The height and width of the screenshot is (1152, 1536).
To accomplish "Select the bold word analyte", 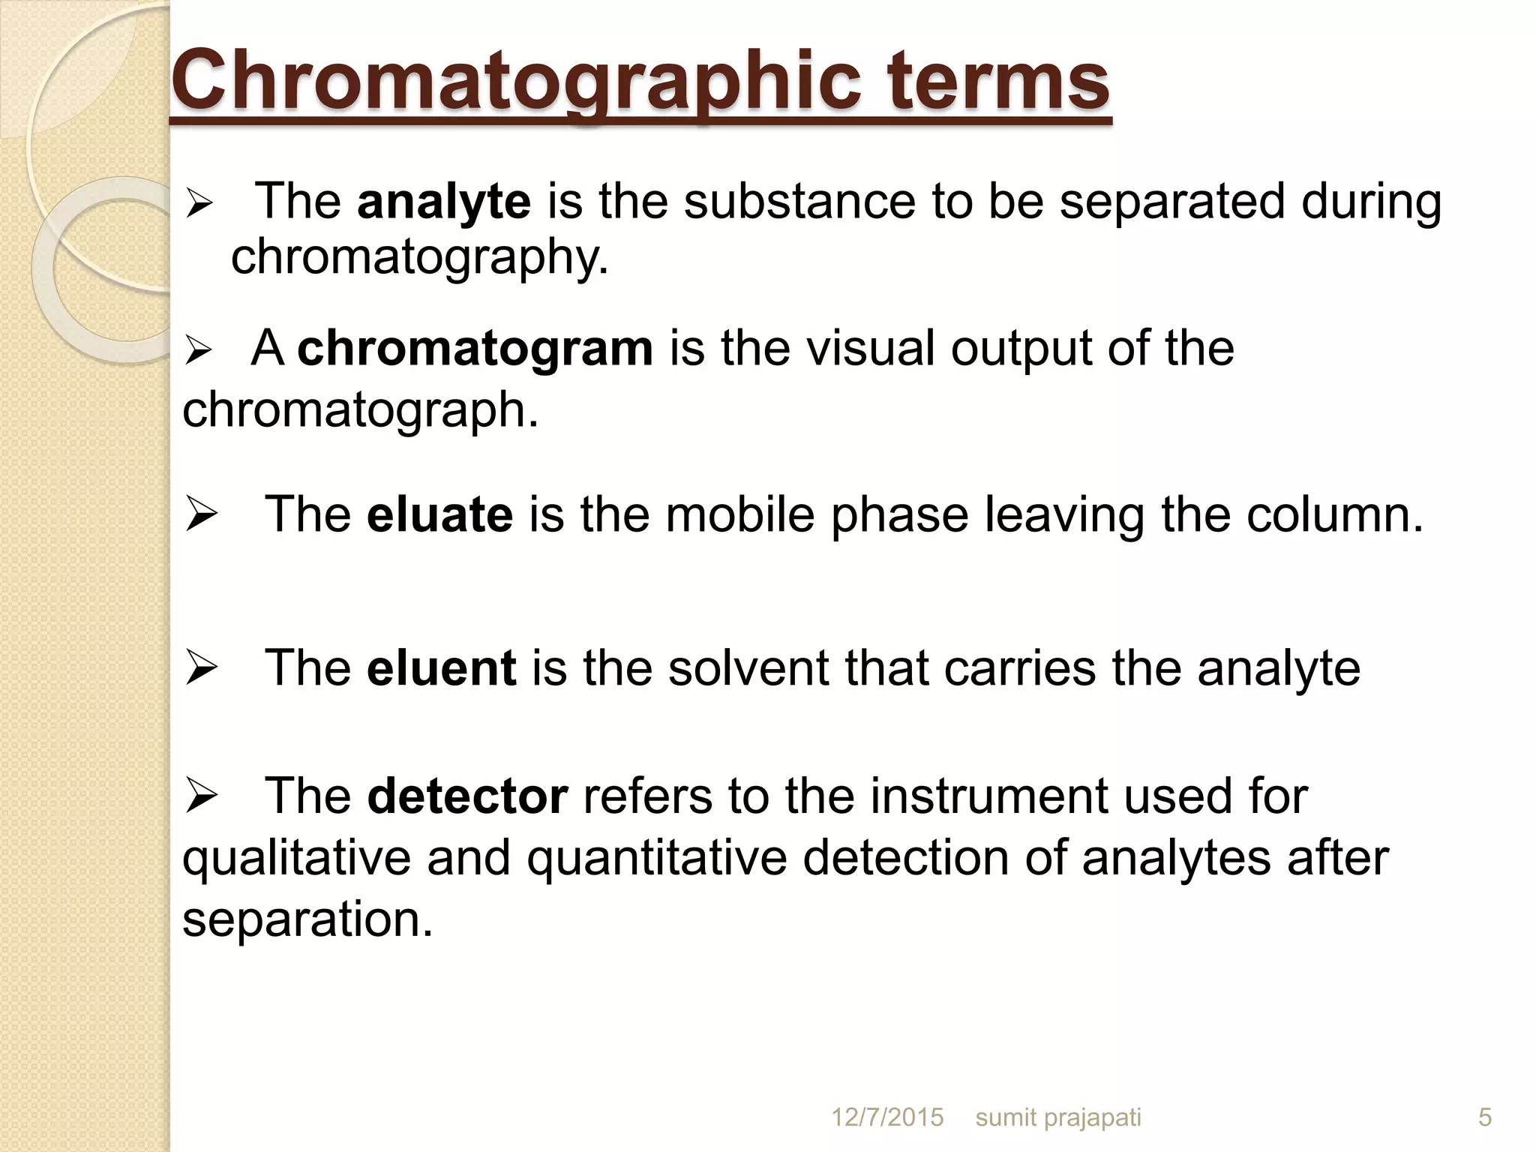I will [444, 202].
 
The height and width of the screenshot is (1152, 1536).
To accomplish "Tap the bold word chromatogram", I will [475, 349].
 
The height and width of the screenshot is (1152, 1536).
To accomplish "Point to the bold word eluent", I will [441, 667].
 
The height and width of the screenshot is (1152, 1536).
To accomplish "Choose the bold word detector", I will [467, 796].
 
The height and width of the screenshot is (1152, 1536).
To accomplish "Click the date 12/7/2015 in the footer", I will [887, 1117].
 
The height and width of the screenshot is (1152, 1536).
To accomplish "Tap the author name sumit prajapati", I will [1058, 1117].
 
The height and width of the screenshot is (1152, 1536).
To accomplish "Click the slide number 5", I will [1485, 1117].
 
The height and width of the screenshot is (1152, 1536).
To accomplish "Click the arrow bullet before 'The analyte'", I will [200, 203].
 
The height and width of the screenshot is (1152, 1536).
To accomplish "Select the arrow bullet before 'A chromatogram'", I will [200, 350].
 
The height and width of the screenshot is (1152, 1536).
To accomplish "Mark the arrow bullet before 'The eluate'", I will [201, 515].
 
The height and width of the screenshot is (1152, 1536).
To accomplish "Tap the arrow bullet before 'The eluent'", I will [201, 668].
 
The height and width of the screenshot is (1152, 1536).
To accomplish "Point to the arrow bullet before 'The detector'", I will [201, 796].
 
